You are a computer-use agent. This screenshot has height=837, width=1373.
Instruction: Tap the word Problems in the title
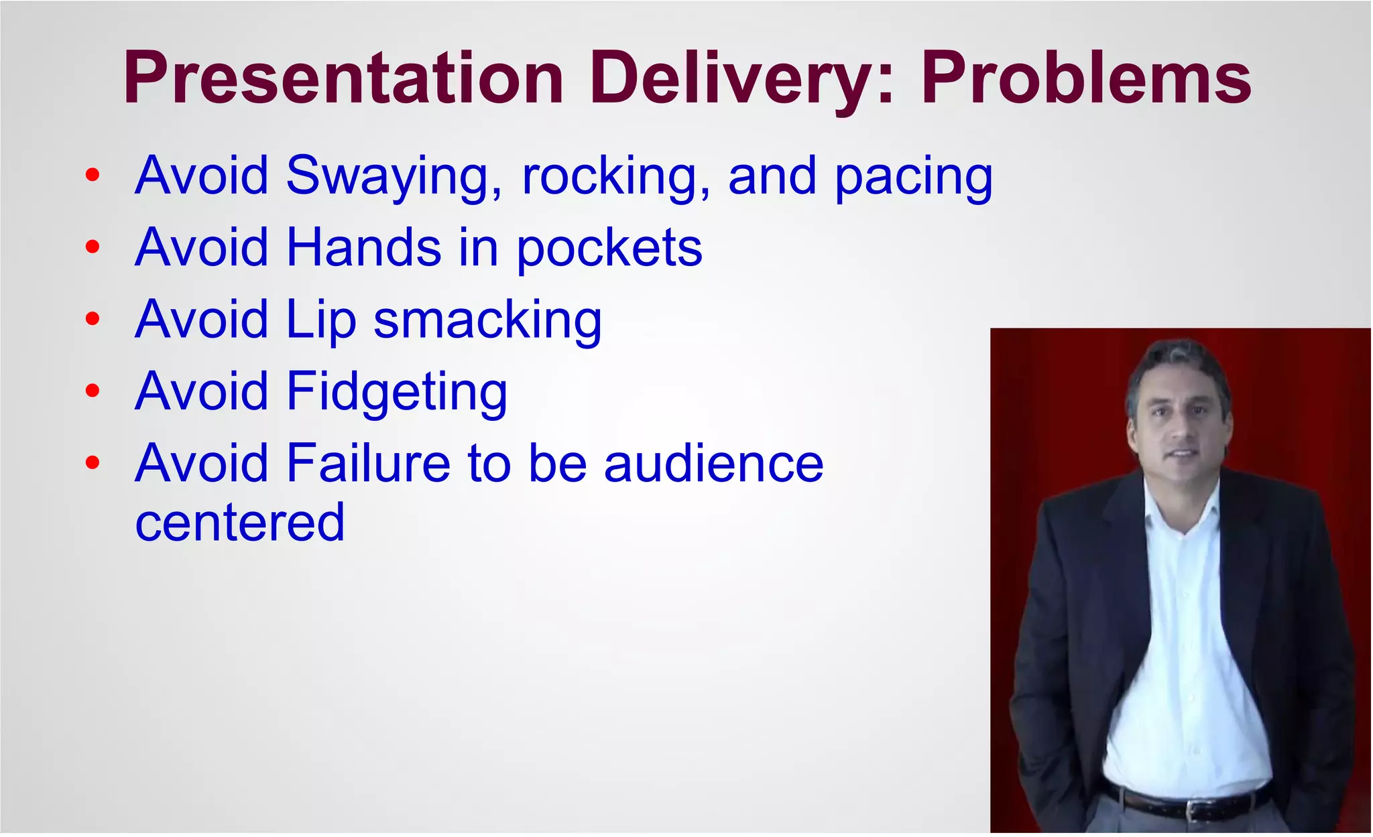[x=1086, y=78]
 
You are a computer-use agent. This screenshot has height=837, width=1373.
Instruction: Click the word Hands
[x=363, y=247]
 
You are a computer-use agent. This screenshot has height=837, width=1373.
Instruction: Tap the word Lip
[x=320, y=321]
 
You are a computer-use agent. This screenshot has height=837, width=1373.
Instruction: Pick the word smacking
[x=487, y=320]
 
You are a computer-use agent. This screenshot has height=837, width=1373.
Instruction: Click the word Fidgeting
[x=396, y=393]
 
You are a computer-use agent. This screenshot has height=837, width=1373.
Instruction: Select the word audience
[x=713, y=463]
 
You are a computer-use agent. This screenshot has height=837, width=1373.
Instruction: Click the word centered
[x=240, y=522]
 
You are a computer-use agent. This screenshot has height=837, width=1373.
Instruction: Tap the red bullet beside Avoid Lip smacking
[x=93, y=319]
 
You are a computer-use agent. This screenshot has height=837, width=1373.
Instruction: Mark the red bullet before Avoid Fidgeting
[x=93, y=391]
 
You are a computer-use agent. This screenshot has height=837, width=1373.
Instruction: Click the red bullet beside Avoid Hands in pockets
[x=93, y=247]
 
